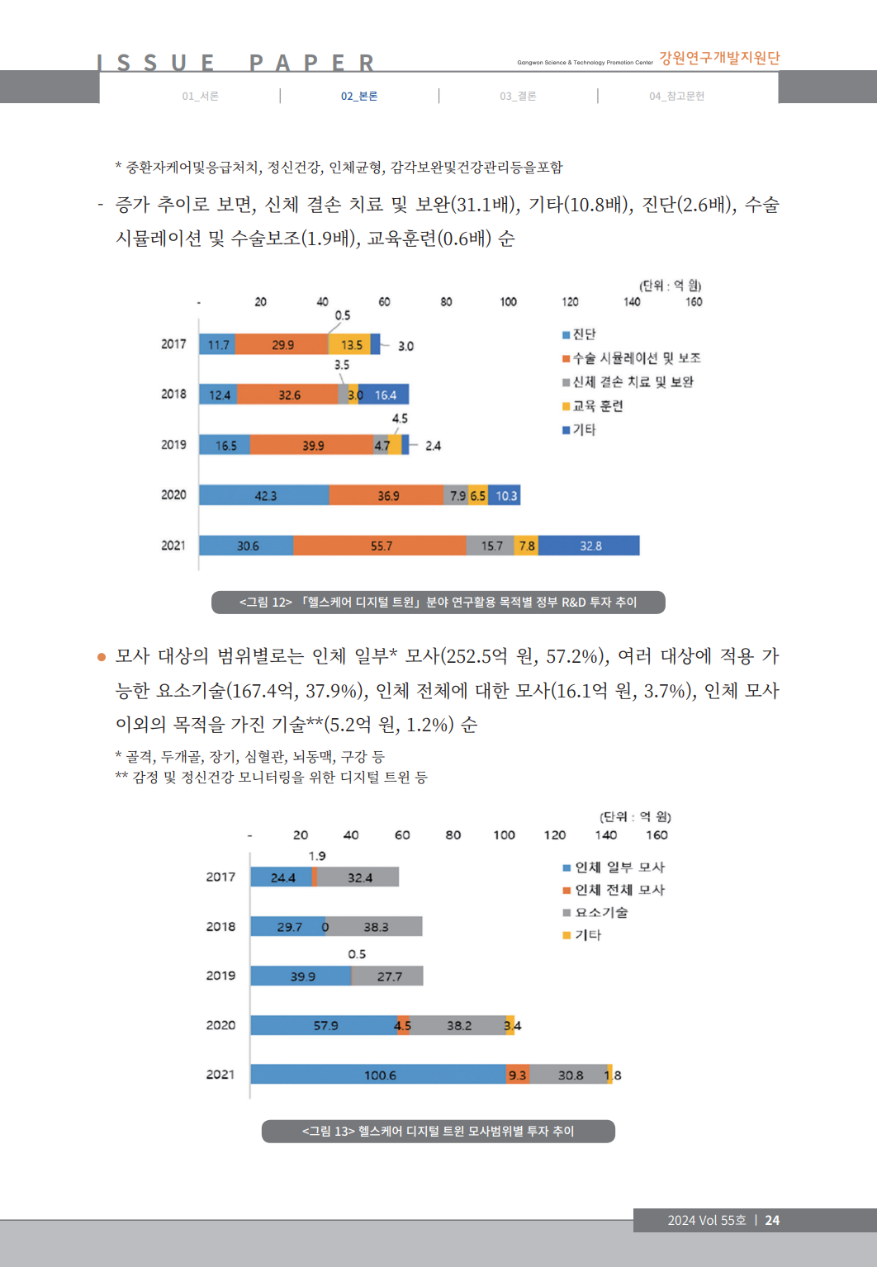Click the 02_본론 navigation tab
tap(359, 96)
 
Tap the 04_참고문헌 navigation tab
tap(676, 96)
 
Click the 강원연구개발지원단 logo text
tap(718, 58)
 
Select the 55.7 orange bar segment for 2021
tap(381, 546)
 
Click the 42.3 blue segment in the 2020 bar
tap(264, 495)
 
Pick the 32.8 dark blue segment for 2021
tap(590, 546)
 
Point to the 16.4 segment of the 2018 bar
tap(385, 395)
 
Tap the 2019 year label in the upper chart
tap(173, 445)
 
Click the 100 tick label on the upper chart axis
tap(508, 302)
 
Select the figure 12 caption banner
tap(438, 603)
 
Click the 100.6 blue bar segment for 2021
tap(379, 1075)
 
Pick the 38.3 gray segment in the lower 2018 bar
tap(376, 927)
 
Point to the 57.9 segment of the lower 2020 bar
tap(325, 1025)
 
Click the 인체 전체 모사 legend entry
tap(619, 890)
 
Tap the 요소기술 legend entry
tap(600, 912)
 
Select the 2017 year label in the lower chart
tap(220, 877)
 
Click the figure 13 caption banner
tap(438, 1131)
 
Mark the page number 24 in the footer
tap(772, 1220)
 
